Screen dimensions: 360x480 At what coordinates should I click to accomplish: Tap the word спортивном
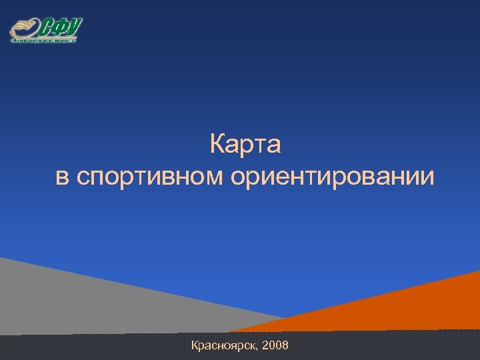(153, 178)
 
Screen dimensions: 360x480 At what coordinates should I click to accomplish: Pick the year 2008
(276, 345)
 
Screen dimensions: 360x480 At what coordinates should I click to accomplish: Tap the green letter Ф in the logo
(61, 29)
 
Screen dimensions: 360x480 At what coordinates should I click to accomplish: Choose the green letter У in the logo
(74, 27)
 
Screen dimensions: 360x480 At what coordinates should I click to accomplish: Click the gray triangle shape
(80, 300)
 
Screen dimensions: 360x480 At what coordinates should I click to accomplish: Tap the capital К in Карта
(217, 143)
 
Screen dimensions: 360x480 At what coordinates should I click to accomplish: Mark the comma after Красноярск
(259, 349)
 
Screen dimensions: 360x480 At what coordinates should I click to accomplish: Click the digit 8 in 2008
(285, 345)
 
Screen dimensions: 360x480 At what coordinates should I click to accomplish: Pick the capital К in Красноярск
(195, 345)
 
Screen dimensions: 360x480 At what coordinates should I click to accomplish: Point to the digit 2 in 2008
(267, 345)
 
